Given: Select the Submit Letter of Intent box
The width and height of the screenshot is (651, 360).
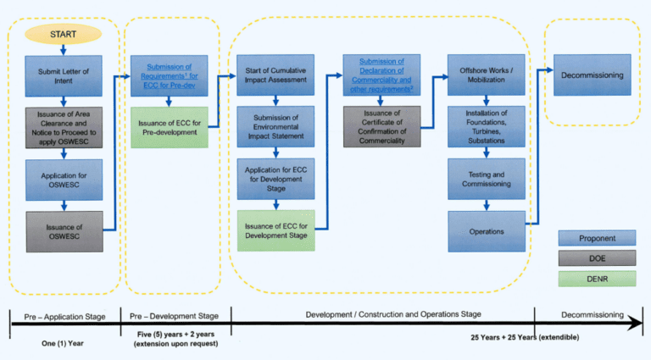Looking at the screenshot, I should pyautogui.click(x=64, y=75).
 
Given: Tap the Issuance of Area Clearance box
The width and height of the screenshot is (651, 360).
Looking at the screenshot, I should pyautogui.click(x=64, y=127).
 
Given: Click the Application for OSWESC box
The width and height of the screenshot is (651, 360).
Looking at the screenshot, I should pyautogui.click(x=64, y=179).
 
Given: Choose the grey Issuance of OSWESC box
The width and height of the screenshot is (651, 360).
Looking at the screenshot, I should pyautogui.click(x=64, y=230).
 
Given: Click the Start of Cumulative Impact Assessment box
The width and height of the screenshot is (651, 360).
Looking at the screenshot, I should pyautogui.click(x=275, y=75).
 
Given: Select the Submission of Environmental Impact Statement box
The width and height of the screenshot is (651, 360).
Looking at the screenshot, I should pyautogui.click(x=275, y=127).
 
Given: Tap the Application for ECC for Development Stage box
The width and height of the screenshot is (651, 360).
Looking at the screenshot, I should pyautogui.click(x=275, y=179).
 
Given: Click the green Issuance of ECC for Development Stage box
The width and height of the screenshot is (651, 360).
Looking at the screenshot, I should pyautogui.click(x=275, y=230).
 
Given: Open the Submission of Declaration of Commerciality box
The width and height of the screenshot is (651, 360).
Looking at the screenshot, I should pyautogui.click(x=381, y=75).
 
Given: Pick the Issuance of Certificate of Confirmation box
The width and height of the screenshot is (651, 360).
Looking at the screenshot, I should pyautogui.click(x=381, y=127).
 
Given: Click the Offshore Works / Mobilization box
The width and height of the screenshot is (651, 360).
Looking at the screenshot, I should pyautogui.click(x=486, y=75).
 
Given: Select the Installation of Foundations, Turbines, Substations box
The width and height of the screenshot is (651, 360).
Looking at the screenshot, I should pyautogui.click(x=486, y=127).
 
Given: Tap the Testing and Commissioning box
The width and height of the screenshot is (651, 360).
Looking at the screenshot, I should pyautogui.click(x=486, y=179).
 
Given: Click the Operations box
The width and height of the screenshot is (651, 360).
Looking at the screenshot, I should pyautogui.click(x=486, y=230).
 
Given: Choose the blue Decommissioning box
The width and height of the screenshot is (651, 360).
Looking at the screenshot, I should pyautogui.click(x=592, y=75).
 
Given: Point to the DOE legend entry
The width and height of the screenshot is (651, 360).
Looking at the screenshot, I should pyautogui.click(x=597, y=258).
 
